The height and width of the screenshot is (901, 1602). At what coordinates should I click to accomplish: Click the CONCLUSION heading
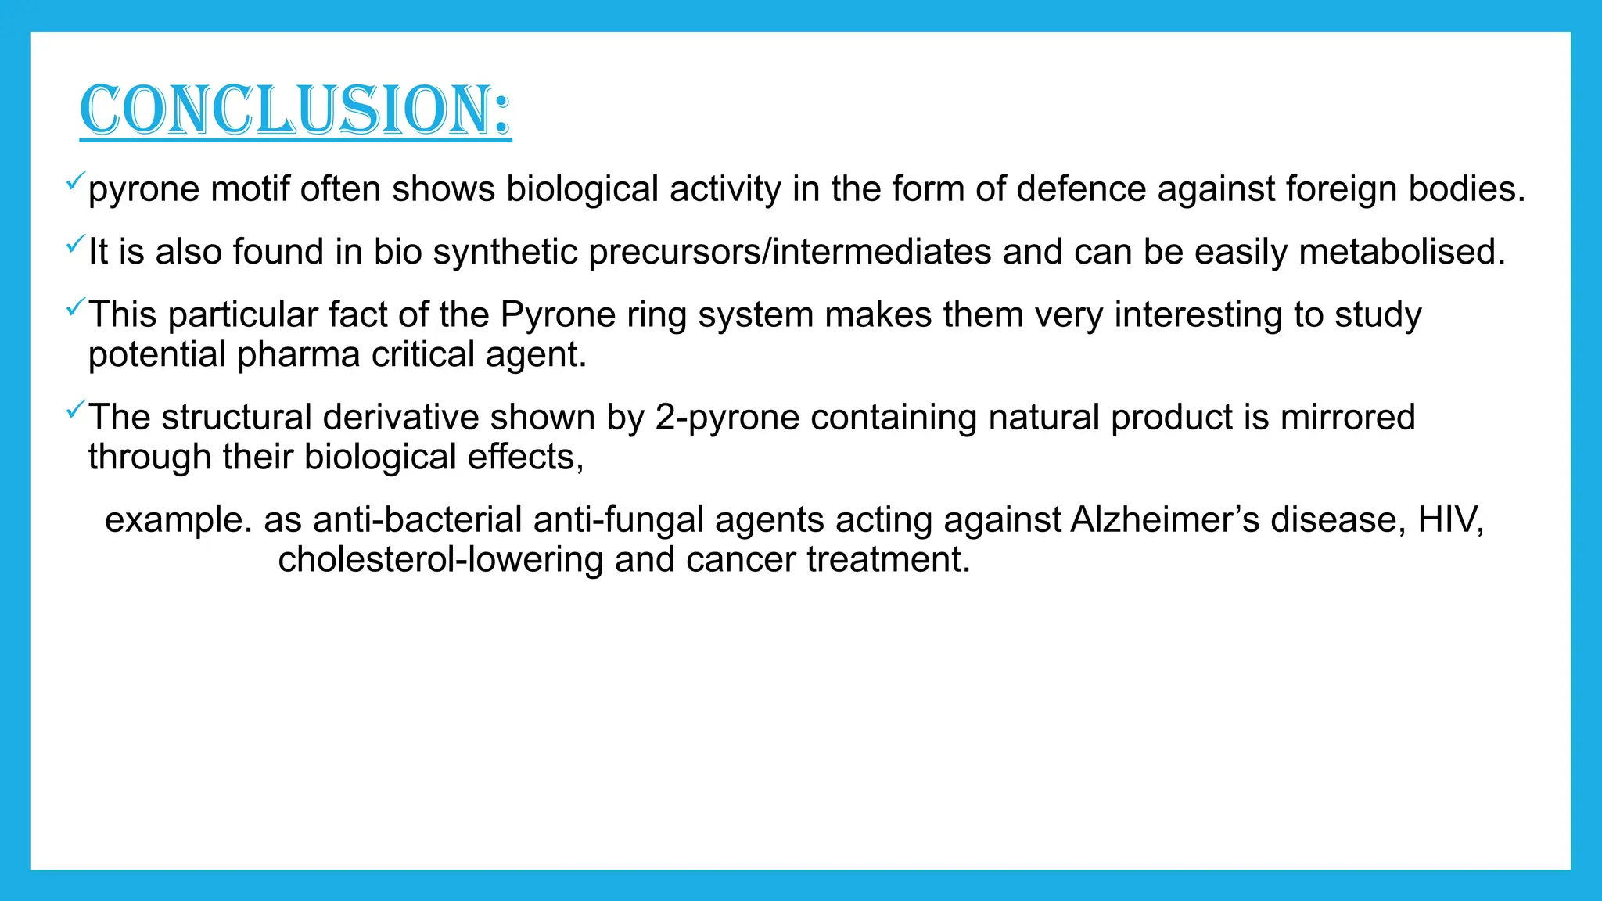click(296, 110)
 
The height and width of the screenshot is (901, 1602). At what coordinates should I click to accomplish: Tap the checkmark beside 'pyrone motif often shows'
click(75, 182)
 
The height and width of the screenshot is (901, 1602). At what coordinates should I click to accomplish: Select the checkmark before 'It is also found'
click(75, 245)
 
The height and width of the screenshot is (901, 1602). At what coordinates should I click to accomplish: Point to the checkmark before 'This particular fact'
click(75, 307)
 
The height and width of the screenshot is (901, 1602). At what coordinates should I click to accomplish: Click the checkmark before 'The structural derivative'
click(75, 410)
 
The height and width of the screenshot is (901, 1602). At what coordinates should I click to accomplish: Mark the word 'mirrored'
click(1348, 417)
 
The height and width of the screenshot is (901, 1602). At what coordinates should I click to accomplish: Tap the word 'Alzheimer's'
click(1165, 519)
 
